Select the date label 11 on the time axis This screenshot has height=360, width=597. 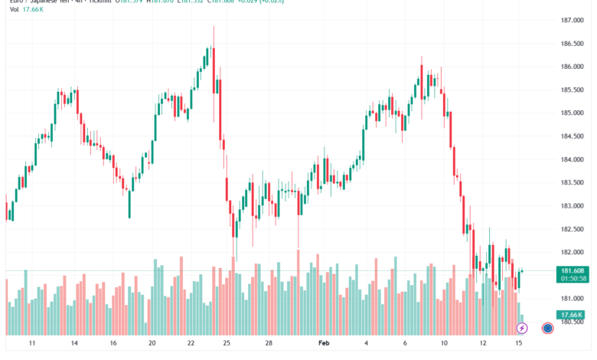click(x=32, y=345)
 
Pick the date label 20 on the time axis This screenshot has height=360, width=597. click(x=152, y=345)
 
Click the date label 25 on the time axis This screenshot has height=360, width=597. click(x=227, y=345)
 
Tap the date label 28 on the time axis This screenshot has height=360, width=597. click(x=269, y=345)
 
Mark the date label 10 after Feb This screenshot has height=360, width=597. click(x=445, y=345)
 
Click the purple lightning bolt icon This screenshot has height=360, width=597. click(x=522, y=328)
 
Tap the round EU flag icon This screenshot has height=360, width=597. click(x=548, y=328)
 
